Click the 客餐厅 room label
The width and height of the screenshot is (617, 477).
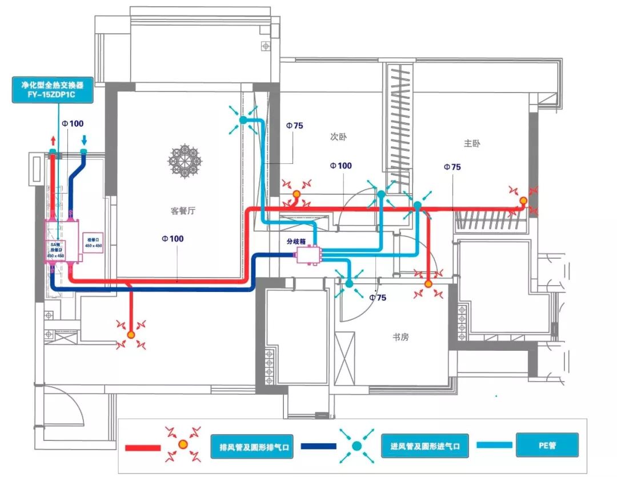click(183, 211)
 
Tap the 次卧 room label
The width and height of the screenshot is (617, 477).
click(338, 137)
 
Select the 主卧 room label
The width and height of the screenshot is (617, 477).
click(472, 143)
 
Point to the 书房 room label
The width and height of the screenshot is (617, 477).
click(400, 337)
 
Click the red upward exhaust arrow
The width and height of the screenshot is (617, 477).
click(53, 140)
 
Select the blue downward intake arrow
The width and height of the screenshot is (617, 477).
click(84, 140)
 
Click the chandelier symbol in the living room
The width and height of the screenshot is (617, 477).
click(186, 161)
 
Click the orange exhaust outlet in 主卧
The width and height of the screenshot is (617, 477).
click(523, 201)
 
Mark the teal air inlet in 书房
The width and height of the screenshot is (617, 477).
click(348, 282)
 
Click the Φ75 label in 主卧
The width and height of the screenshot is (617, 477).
click(452, 167)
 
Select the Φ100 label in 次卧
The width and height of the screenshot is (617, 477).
click(340, 166)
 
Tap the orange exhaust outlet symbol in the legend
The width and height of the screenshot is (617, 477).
click(183, 444)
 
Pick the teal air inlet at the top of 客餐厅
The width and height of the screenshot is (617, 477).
click(243, 120)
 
